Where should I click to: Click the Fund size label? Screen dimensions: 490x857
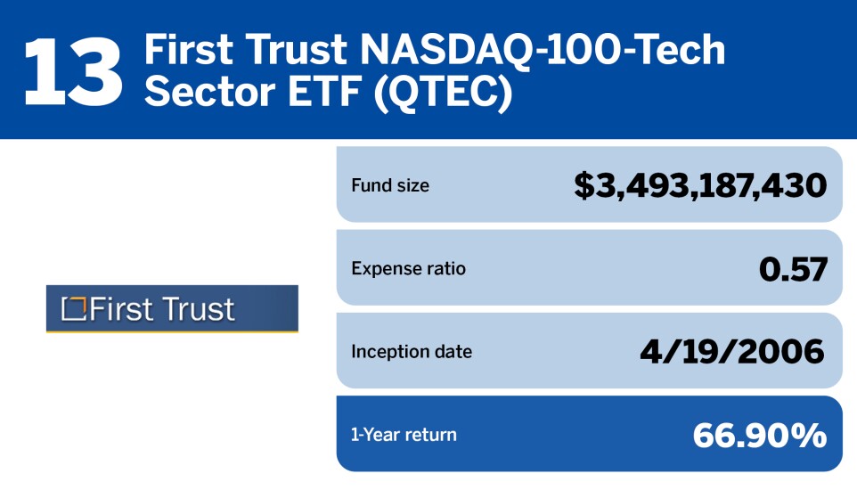(x=389, y=186)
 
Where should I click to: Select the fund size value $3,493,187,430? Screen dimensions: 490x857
(x=700, y=185)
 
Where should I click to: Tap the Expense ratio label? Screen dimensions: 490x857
(x=408, y=268)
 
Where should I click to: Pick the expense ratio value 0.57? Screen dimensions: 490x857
(x=792, y=268)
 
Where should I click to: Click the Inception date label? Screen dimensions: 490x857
(x=411, y=351)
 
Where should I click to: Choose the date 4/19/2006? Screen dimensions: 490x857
(x=732, y=351)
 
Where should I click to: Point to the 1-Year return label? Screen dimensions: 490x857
(x=404, y=435)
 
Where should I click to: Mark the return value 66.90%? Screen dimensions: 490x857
(x=760, y=435)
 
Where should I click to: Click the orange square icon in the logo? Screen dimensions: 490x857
(x=72, y=309)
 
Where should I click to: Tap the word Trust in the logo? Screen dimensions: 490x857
(x=198, y=309)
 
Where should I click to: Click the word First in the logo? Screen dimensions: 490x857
(x=121, y=309)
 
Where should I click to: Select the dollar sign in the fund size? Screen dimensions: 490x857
(x=584, y=185)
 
